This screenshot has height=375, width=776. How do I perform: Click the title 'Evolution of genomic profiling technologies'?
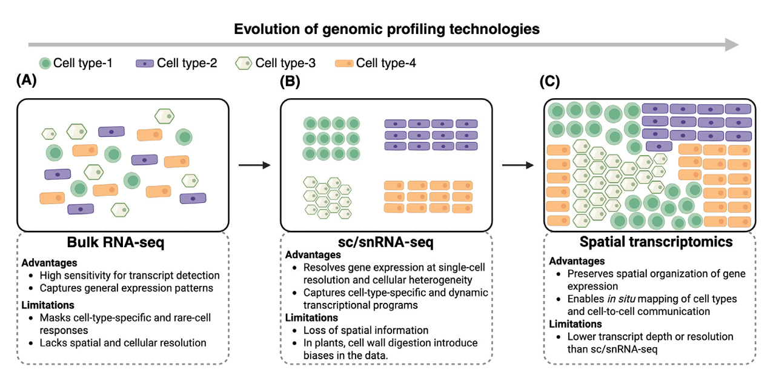(x=387, y=28)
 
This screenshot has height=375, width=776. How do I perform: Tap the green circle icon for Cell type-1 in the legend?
(x=45, y=63)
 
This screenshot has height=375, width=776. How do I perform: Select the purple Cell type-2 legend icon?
(x=144, y=63)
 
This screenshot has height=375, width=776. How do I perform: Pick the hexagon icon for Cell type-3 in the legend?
(x=244, y=63)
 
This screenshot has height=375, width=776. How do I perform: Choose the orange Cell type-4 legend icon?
(x=343, y=63)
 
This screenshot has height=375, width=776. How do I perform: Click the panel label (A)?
(x=29, y=82)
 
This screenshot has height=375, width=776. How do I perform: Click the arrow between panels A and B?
(x=253, y=165)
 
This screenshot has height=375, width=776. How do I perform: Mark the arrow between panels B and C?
(x=517, y=165)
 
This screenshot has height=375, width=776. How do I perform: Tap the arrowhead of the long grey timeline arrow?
(x=732, y=45)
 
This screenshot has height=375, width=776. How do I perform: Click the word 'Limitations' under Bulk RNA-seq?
(x=48, y=305)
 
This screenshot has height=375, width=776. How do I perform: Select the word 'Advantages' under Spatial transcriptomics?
(x=577, y=261)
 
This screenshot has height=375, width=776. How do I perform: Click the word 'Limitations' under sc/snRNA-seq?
(x=311, y=317)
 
